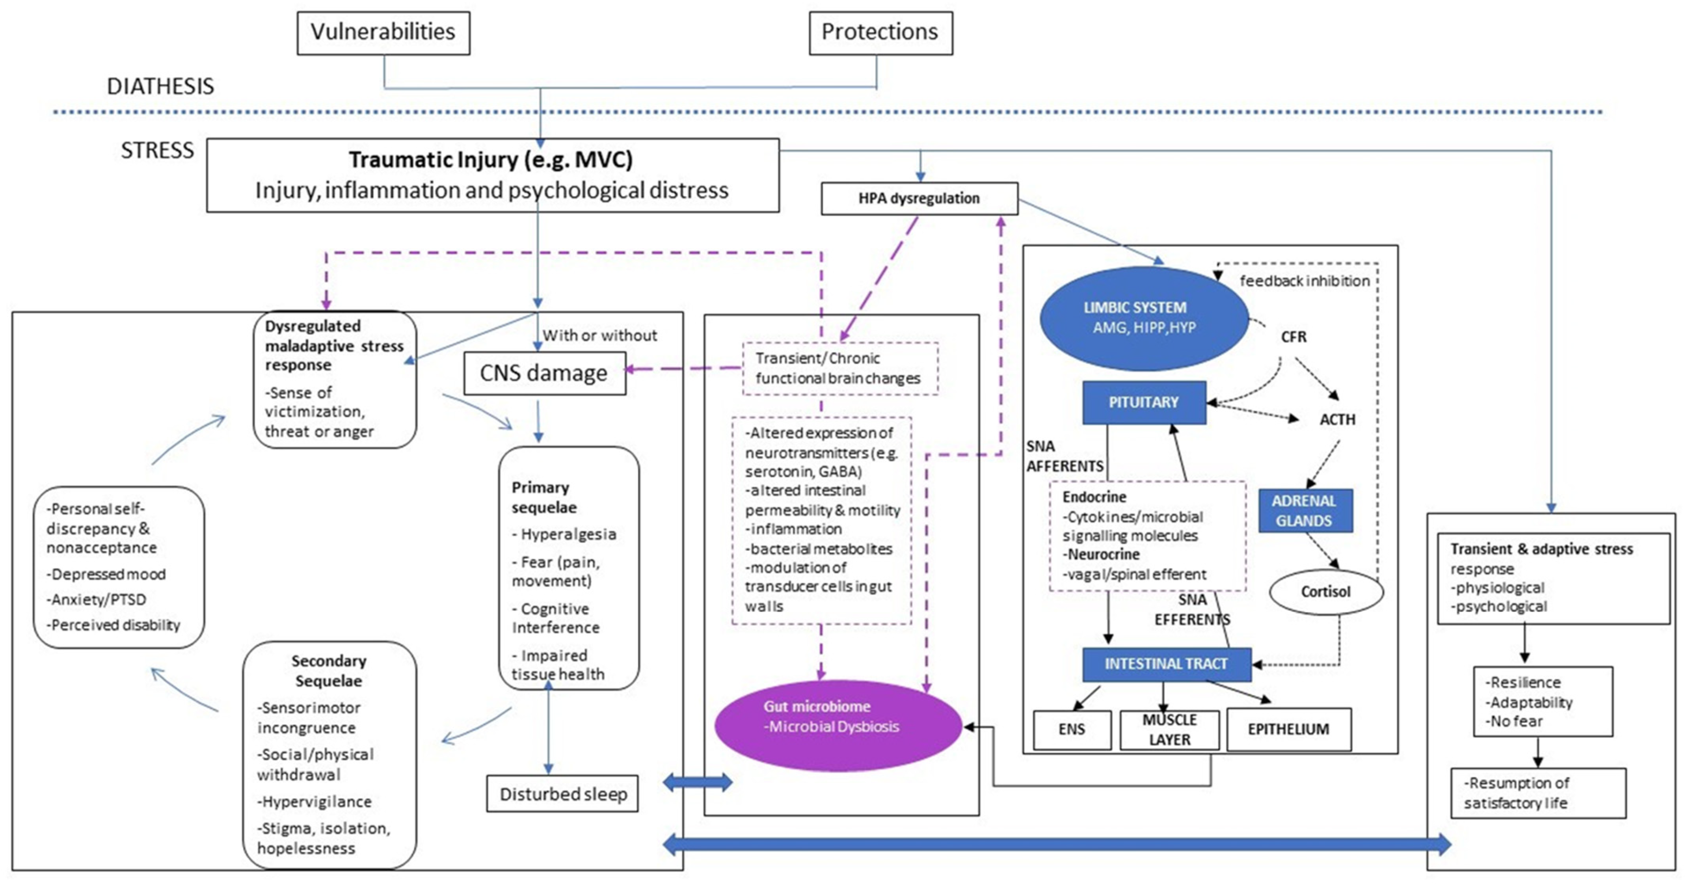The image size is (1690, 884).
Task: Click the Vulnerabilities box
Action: (x=383, y=33)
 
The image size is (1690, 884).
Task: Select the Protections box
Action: (x=880, y=33)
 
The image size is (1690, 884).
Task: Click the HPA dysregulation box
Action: (x=919, y=198)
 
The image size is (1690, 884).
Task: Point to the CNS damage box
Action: (x=545, y=373)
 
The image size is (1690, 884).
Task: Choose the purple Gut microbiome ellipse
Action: (x=838, y=725)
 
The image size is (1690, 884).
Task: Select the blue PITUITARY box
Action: (x=1143, y=402)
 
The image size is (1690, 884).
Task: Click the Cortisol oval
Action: (x=1326, y=592)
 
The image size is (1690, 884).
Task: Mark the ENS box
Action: (x=1072, y=729)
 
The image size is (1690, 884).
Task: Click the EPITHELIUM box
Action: (x=1288, y=729)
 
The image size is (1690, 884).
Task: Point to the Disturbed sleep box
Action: (x=562, y=794)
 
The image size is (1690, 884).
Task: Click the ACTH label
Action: (x=1337, y=419)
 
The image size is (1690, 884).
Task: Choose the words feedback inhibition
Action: (x=1304, y=281)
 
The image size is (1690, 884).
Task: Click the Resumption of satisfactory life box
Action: (x=1538, y=793)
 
